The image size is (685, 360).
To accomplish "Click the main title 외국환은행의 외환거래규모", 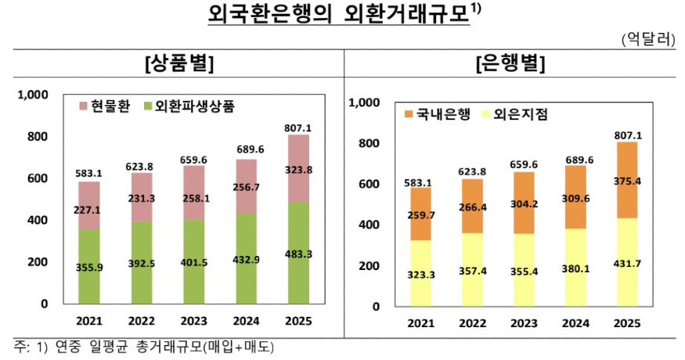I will [x=339, y=15].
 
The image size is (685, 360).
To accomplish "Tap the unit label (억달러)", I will [x=647, y=39].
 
